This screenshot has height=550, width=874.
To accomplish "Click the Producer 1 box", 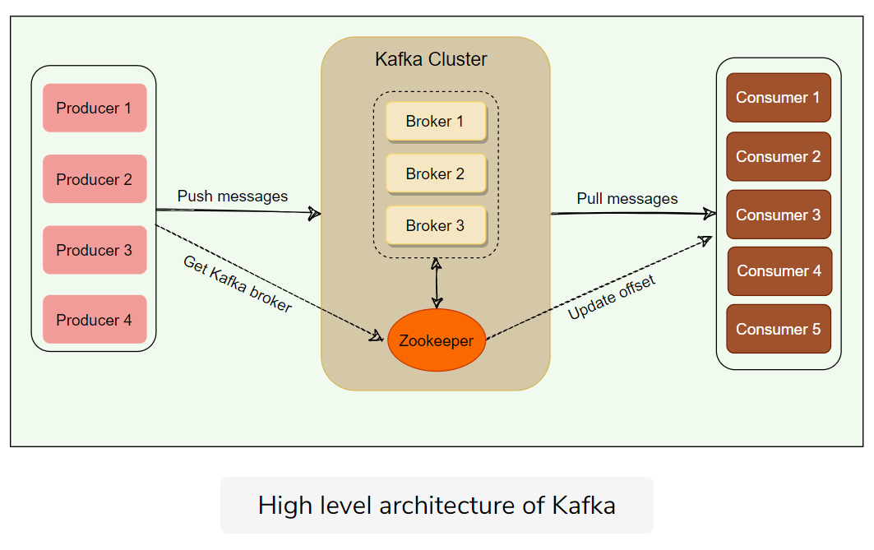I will click(x=95, y=108).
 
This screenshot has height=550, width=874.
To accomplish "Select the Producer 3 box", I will click(x=95, y=250).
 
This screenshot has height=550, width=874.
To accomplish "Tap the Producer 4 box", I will click(x=95, y=320).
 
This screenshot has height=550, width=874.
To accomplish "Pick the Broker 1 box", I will click(x=436, y=122).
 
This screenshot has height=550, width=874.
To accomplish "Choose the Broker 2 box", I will click(x=436, y=173).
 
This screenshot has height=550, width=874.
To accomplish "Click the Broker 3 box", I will click(x=436, y=225).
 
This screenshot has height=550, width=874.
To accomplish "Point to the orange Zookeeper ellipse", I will click(x=437, y=340).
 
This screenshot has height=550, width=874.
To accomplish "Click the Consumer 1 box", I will click(x=778, y=98).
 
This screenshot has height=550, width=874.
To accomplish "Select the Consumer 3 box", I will click(x=778, y=215).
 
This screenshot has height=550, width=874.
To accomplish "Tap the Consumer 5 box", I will click(x=778, y=329).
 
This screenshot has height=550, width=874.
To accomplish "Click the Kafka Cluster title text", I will click(x=431, y=59).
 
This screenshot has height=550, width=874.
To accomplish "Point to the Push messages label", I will click(x=233, y=196).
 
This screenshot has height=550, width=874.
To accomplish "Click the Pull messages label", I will click(x=627, y=198).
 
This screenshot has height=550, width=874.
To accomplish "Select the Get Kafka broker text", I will click(x=237, y=284).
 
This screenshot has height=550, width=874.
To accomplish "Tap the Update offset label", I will click(x=612, y=298).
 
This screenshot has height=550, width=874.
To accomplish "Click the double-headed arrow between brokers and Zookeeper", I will click(x=437, y=284).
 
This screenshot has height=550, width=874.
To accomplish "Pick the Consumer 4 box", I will click(x=779, y=271).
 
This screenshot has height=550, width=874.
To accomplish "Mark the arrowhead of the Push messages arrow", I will click(x=314, y=214).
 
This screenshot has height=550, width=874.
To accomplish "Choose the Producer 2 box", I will click(x=95, y=179).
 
